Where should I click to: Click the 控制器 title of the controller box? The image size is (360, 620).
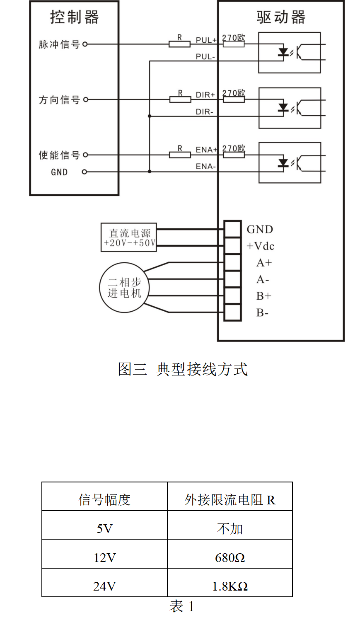75,17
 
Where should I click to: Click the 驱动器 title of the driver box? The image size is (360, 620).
281,17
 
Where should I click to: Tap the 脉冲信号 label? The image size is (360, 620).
59,44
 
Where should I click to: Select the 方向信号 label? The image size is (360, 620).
59,100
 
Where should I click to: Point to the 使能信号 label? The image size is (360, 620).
59,155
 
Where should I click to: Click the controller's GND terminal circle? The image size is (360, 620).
85,172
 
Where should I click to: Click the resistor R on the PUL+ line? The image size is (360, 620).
179,44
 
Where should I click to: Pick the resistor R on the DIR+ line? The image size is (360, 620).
180,99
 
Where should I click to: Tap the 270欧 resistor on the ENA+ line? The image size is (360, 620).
234,155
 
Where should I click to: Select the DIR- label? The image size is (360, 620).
205,112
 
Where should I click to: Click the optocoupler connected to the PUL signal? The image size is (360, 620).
290,53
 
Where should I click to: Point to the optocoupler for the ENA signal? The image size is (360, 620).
290,162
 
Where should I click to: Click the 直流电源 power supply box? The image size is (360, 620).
129,237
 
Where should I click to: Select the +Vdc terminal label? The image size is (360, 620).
261,246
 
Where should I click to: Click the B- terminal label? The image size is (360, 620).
262,313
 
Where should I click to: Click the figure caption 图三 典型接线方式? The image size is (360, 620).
183,369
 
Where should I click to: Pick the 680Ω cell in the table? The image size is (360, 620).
230,558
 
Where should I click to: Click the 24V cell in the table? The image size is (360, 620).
104,586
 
